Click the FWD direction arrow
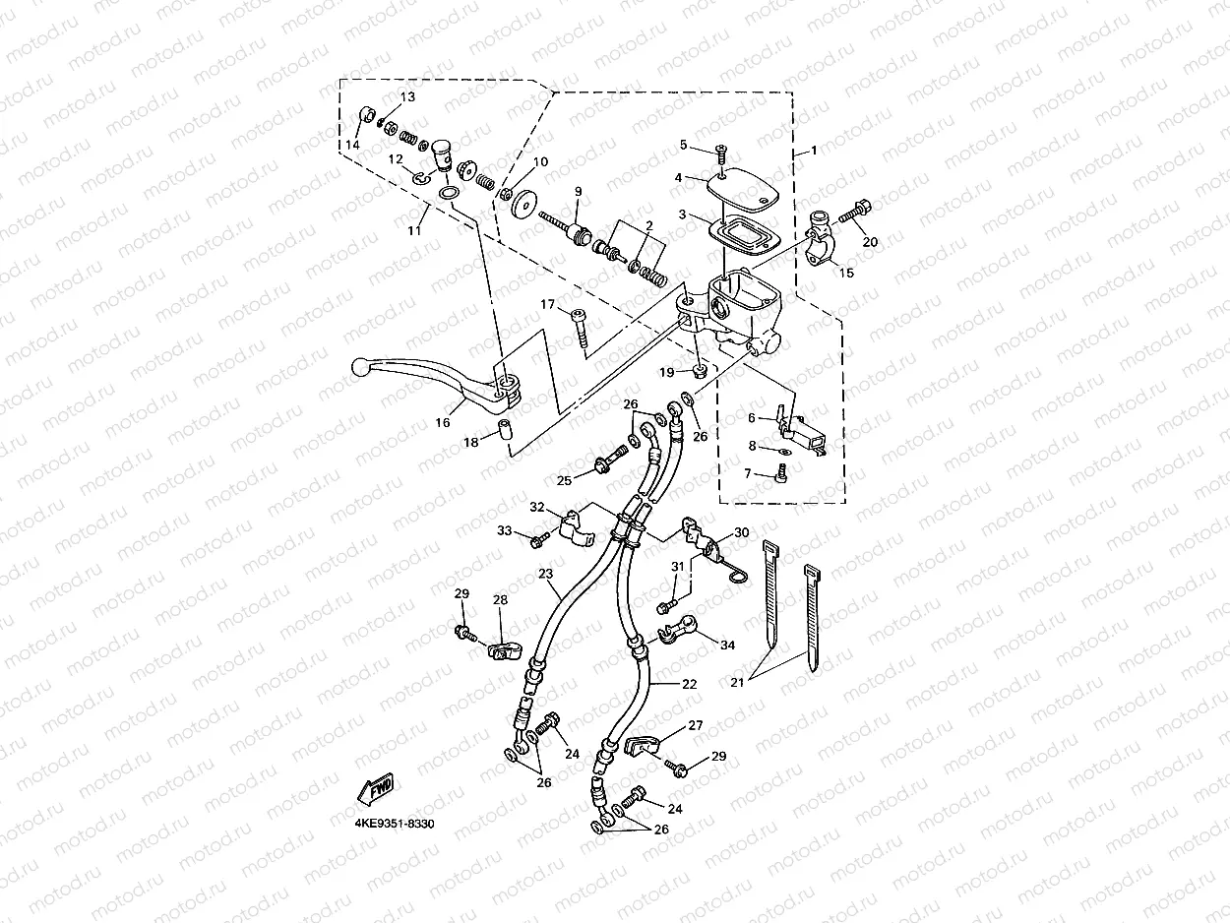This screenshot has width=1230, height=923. tap(375, 786)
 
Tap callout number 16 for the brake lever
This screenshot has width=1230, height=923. tap(443, 422)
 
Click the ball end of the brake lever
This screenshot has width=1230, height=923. tap(361, 367)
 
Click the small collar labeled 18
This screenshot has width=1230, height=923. tap(504, 430)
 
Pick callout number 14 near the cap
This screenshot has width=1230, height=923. tap(351, 145)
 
